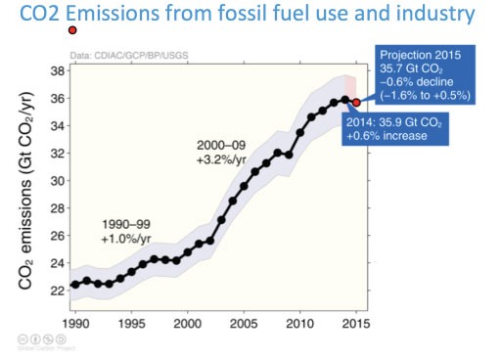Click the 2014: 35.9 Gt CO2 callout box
(x=399, y=129)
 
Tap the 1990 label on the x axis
(x=75, y=322)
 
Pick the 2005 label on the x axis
(x=244, y=322)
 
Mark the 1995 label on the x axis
(x=131, y=322)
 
